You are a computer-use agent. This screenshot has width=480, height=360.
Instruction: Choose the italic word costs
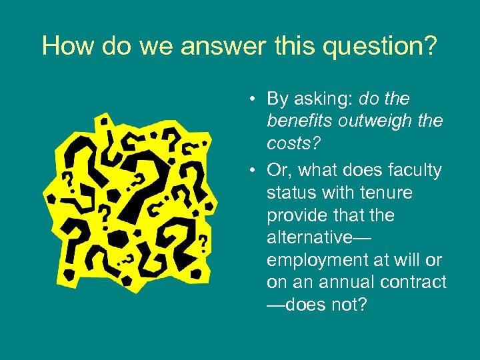(x=286, y=144)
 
